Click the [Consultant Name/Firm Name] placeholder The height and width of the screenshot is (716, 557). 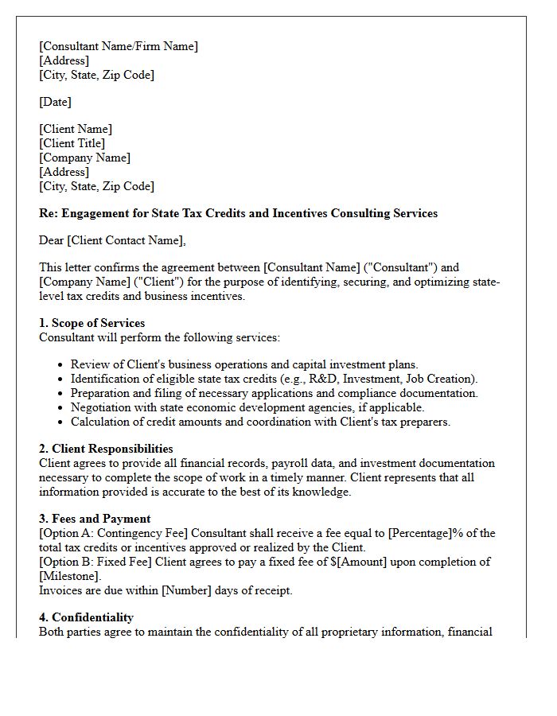coord(119,46)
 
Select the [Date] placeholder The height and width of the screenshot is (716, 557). coord(55,102)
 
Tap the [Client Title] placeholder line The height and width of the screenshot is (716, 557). coord(72,143)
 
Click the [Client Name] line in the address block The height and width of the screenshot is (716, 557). coord(76,129)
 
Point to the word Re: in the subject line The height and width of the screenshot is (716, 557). coord(49,213)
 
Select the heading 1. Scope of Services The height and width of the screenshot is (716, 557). coord(92,323)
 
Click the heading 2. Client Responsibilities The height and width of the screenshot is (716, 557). coord(106,449)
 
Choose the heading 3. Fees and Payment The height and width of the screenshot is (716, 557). coord(95,519)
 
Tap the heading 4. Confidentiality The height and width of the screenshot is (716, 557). coord(86,617)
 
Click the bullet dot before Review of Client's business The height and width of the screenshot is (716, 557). coord(62,365)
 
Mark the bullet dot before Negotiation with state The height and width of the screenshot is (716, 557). coord(62,408)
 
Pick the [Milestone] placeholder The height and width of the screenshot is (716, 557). coord(70,576)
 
